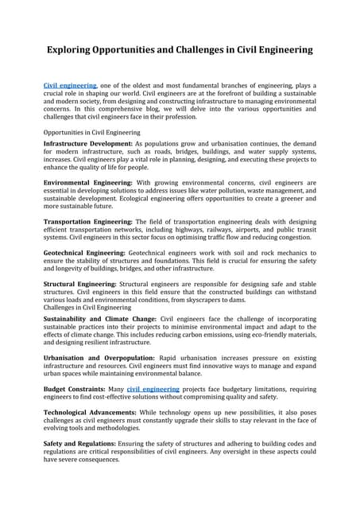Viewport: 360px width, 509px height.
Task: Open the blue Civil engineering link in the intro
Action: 70,85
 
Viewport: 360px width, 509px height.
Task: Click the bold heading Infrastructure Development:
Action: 87,143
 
